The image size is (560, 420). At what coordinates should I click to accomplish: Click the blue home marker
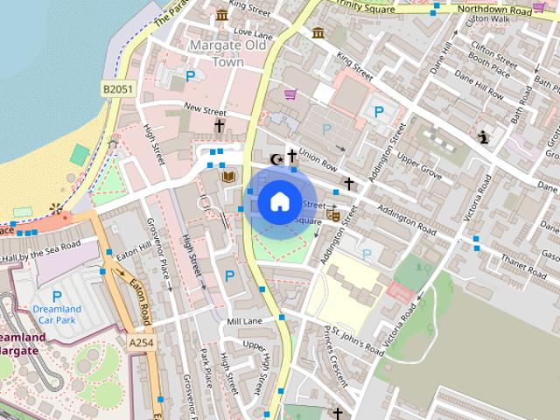(278, 202)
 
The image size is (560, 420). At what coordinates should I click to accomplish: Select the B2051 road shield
(117, 88)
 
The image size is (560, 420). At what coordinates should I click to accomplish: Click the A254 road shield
(140, 344)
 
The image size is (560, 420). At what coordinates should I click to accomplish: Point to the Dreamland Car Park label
(57, 314)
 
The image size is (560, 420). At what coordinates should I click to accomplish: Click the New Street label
(205, 111)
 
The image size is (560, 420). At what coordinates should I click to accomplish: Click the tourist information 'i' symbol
(483, 136)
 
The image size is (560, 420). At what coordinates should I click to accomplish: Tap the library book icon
(229, 178)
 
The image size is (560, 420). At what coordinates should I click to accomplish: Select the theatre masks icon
(333, 213)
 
